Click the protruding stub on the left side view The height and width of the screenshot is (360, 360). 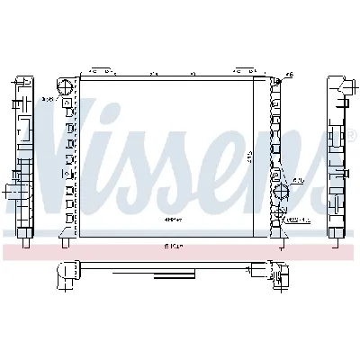point(12,192)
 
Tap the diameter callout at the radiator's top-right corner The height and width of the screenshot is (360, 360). point(288,75)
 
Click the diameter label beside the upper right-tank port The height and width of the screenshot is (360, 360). point(300,180)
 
